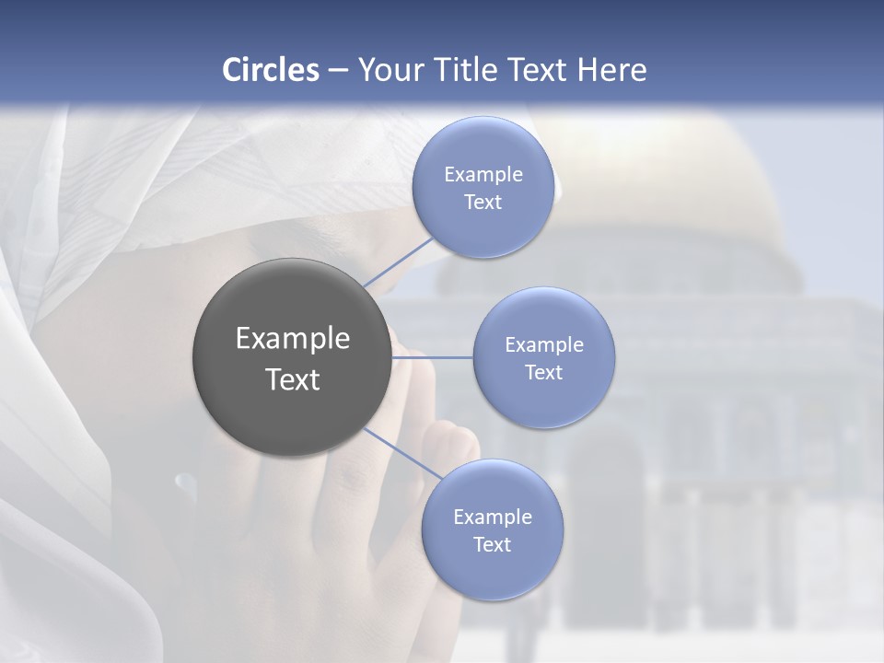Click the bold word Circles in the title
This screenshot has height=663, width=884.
coord(270,70)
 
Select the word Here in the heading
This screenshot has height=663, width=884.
coord(611,70)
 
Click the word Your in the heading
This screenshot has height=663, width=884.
coord(386,70)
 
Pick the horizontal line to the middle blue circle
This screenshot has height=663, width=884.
coord(432,357)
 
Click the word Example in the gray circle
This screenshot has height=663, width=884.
coord(293,339)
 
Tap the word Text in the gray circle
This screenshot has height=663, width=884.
coord(293,379)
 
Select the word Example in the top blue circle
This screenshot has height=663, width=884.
coord(483,174)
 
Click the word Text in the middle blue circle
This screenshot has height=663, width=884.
coord(543,372)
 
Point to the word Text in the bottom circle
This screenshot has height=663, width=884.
coord(492,544)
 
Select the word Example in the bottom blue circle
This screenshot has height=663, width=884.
coord(493,517)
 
